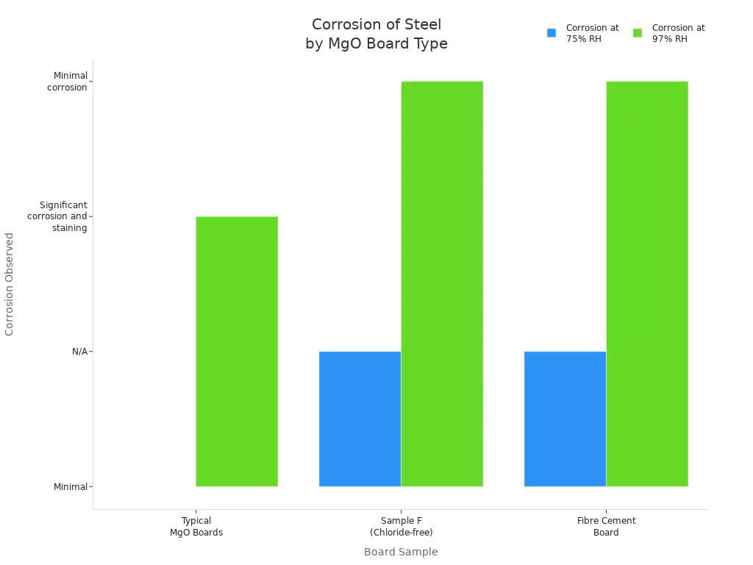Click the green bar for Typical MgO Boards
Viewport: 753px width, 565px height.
(x=237, y=351)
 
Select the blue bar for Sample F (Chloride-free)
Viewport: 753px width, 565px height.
(x=360, y=419)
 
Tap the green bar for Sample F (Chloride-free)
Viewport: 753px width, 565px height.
(x=442, y=283)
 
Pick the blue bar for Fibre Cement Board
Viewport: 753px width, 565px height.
(x=565, y=419)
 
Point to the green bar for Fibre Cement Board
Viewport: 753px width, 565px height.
(x=647, y=283)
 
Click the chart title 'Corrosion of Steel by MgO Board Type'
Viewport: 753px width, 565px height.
(x=376, y=35)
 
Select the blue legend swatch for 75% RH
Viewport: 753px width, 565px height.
(x=552, y=33)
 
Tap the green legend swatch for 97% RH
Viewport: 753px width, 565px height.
(x=638, y=33)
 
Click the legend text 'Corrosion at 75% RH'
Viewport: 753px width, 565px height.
(x=592, y=33)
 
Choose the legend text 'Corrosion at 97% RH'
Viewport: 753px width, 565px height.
(x=678, y=33)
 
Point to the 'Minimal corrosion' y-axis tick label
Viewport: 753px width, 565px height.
(x=68, y=81)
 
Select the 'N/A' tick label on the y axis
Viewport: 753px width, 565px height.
(x=79, y=352)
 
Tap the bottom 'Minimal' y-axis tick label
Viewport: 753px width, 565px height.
(x=71, y=487)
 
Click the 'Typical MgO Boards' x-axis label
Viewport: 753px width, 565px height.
(x=196, y=527)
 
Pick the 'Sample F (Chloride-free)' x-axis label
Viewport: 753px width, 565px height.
(x=402, y=527)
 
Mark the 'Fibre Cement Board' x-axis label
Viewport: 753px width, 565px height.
(x=607, y=527)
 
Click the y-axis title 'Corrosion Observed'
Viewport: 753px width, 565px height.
(x=10, y=284)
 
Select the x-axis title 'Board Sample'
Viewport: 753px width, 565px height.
(x=401, y=552)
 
